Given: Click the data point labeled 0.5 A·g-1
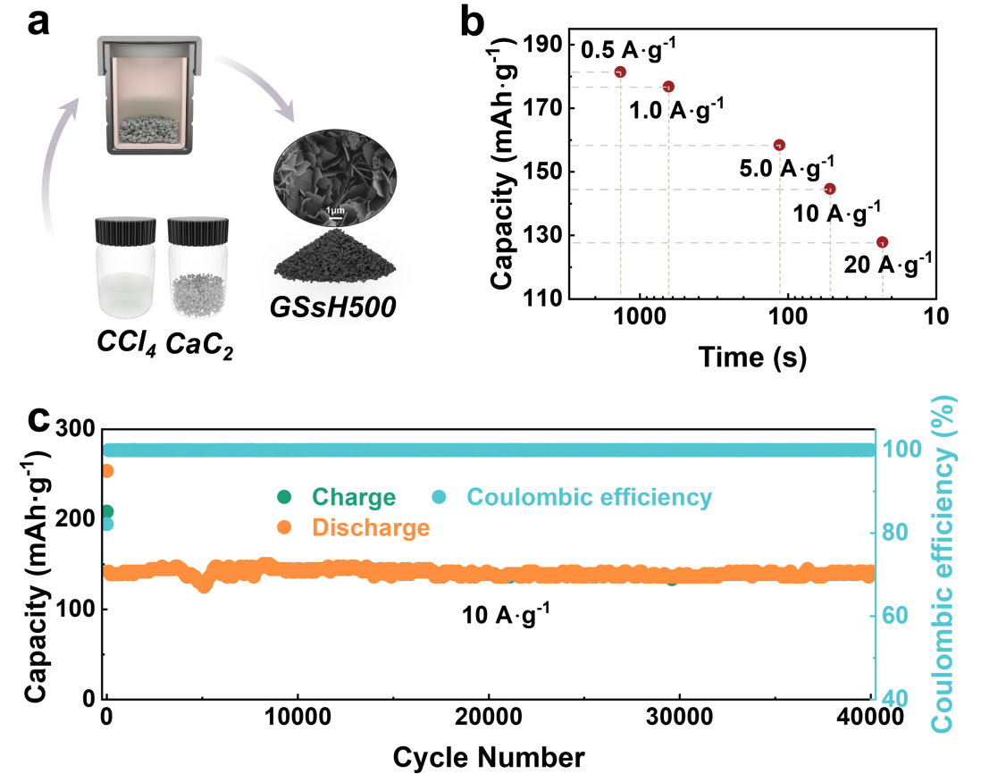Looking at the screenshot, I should click(620, 72).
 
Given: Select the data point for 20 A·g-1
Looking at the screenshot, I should click(882, 242).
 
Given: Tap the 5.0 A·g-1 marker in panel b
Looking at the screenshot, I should click(779, 145).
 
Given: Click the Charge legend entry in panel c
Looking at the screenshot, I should click(353, 498).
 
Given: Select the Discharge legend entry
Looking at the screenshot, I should click(371, 528).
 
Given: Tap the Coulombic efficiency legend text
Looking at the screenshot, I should click(589, 498).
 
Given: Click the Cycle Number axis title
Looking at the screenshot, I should click(489, 757).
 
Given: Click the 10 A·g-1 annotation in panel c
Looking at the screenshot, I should click(506, 614).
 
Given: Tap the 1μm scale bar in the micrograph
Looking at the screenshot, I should click(333, 211).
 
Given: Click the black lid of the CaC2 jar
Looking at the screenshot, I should click(201, 231).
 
